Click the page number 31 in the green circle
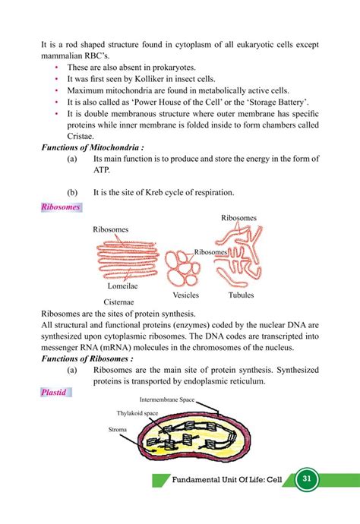308,480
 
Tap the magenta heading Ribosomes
62,207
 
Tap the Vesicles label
185,295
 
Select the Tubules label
241,295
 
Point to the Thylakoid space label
137,413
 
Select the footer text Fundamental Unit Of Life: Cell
229,480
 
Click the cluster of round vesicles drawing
185,267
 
